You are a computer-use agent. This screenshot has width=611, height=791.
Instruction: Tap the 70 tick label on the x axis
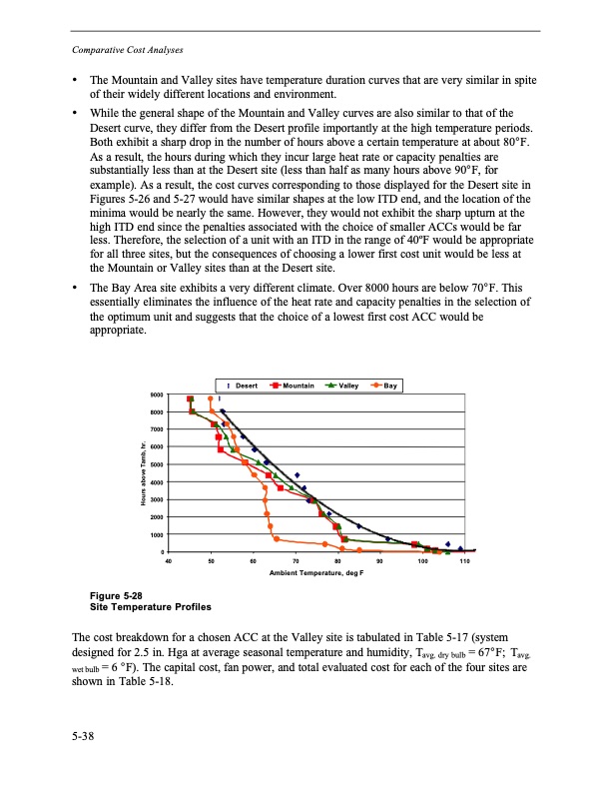point(297,562)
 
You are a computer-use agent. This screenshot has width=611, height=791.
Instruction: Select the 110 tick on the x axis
point(464,562)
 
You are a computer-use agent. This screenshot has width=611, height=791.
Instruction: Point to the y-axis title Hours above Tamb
point(144,474)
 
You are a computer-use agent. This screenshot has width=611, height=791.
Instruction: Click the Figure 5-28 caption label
point(112,596)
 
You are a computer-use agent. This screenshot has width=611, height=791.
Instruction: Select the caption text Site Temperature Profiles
point(150,607)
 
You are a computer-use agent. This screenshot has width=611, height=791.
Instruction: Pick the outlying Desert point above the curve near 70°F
point(297,474)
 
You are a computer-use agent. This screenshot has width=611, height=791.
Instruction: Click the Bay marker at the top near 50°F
point(210,398)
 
